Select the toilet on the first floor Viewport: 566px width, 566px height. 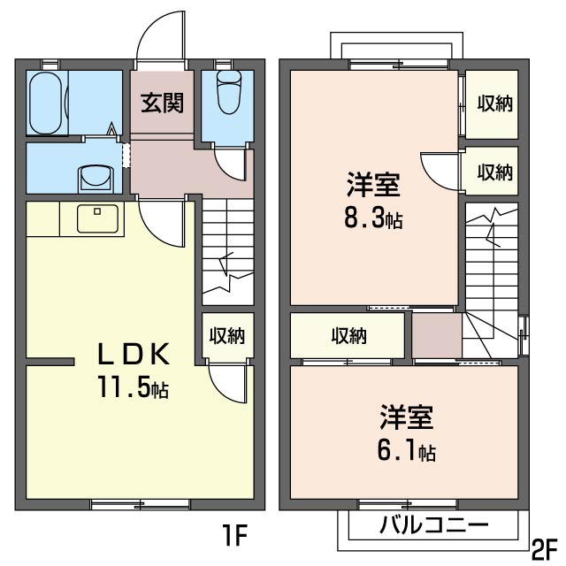point(228,93)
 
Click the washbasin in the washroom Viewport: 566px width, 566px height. point(96,177)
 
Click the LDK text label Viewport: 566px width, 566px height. point(132,355)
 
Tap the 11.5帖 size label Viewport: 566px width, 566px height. point(133,387)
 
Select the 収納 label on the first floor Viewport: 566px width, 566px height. point(226,336)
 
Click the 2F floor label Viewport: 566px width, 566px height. point(545,546)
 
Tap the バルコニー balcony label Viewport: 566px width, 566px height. point(433,525)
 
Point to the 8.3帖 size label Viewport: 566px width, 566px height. point(373,218)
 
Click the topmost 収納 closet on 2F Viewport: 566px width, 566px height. point(493,103)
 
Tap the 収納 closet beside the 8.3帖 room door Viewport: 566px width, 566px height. point(493,172)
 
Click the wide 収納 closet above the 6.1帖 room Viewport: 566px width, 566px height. point(348,336)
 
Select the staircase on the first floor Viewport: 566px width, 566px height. point(228,251)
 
